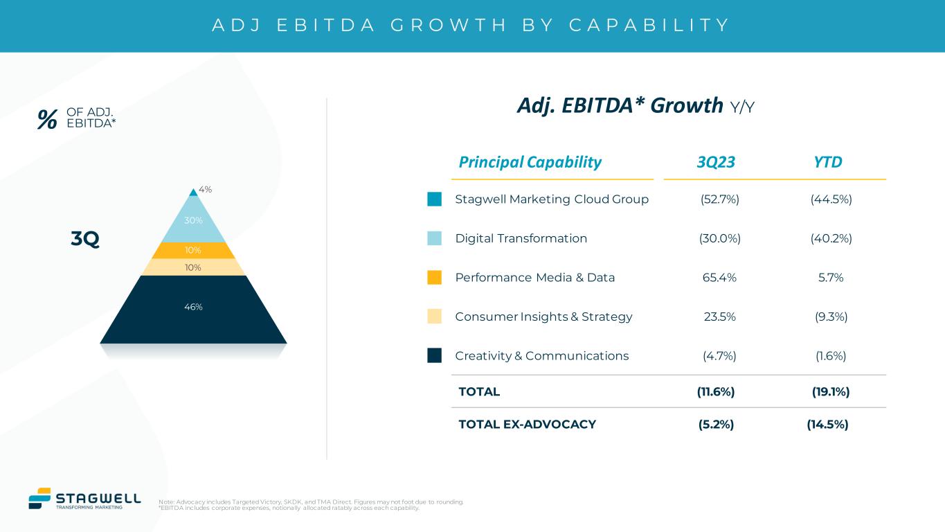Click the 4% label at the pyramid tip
click(205, 188)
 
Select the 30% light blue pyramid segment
click(193, 221)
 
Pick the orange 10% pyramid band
click(193, 250)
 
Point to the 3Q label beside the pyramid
click(85, 240)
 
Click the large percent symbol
click(47, 120)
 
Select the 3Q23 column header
click(716, 162)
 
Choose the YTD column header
click(828, 162)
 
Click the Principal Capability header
click(530, 162)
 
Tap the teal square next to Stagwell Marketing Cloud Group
click(434, 199)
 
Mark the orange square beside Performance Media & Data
click(434, 278)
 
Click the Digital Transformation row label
click(521, 238)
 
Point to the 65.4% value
click(719, 278)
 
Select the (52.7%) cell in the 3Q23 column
click(719, 199)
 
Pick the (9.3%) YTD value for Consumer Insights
click(831, 317)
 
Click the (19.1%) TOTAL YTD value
click(831, 391)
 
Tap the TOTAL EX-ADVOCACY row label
click(527, 425)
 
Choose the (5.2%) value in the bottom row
click(716, 425)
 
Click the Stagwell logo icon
click(39, 498)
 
